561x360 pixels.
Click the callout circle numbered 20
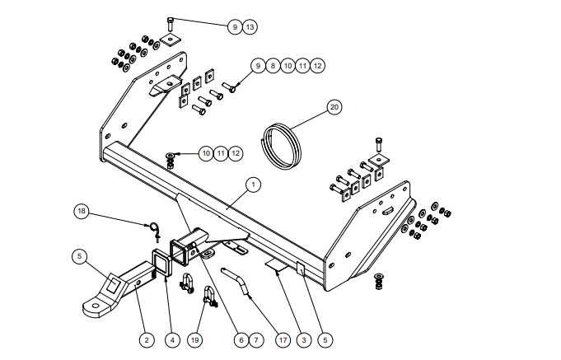pyautogui.click(x=334, y=107)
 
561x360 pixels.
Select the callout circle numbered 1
pyautogui.click(x=253, y=185)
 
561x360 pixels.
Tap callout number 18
pyautogui.click(x=82, y=211)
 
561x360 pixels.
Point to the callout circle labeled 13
pyautogui.click(x=250, y=27)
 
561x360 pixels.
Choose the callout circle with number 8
pyautogui.click(x=273, y=66)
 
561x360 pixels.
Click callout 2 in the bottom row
pyautogui.click(x=147, y=340)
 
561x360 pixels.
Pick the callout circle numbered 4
pyautogui.click(x=172, y=340)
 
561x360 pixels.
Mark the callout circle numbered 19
pyautogui.click(x=194, y=340)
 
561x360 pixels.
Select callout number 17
pyautogui.click(x=283, y=340)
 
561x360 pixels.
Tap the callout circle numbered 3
pyautogui.click(x=304, y=340)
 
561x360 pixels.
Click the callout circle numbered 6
pyautogui.click(x=241, y=340)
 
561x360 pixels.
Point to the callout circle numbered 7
pyautogui.click(x=256, y=340)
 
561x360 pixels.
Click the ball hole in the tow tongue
pyautogui.click(x=96, y=306)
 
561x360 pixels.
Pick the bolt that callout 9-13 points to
pyautogui.click(x=171, y=25)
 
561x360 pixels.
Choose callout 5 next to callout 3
pyautogui.click(x=325, y=340)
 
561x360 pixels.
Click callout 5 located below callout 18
pyautogui.click(x=79, y=256)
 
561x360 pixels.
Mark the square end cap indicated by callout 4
pyautogui.click(x=162, y=263)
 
